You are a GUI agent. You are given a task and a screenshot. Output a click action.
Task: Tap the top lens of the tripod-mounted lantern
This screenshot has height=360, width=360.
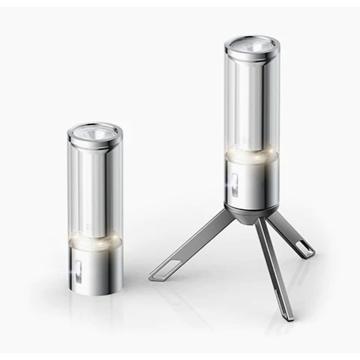252,45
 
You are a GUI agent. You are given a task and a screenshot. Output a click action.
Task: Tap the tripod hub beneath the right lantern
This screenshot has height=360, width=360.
253,215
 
